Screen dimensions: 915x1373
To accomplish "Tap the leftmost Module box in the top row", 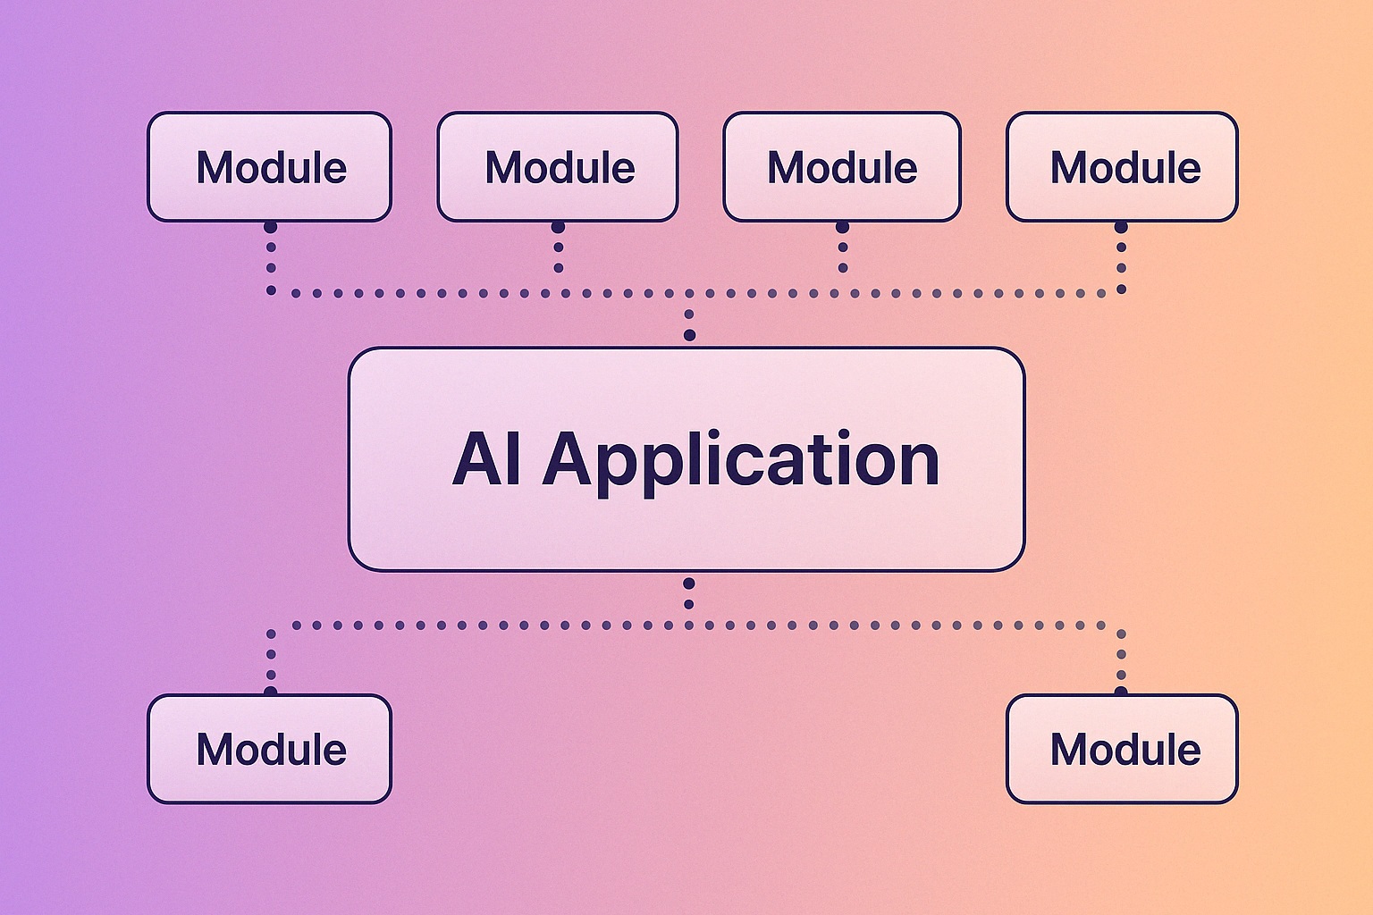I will tap(269, 167).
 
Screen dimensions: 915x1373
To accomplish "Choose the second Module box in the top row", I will tap(558, 167).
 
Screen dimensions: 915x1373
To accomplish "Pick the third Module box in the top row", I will tap(841, 167).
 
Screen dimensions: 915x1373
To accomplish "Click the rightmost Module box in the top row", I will tap(1122, 167).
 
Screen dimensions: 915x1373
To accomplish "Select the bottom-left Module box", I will tap(269, 749).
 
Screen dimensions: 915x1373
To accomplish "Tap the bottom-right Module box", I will tap(1122, 749).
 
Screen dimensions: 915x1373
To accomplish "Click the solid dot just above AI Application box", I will tap(689, 335).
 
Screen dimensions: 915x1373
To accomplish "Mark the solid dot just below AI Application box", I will tap(689, 583).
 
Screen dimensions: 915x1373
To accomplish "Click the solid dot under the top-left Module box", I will tap(270, 227).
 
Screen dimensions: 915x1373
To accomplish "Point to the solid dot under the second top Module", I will tap(558, 227).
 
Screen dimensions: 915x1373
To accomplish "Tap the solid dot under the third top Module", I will tap(842, 227).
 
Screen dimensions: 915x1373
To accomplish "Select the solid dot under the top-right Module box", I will tap(1121, 227).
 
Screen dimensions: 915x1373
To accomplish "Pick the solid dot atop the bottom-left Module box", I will tap(270, 691).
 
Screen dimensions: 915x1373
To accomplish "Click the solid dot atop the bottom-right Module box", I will tap(1121, 691).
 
